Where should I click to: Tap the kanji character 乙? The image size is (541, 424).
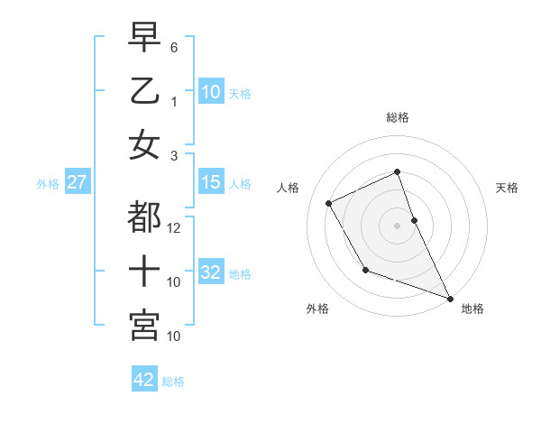(x=144, y=91)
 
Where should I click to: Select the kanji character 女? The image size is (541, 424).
(x=144, y=145)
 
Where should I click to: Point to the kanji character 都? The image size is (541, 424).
(x=144, y=217)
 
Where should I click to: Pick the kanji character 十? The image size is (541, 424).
(x=144, y=272)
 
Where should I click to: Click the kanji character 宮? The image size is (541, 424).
(x=144, y=326)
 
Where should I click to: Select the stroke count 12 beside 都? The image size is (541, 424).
(x=175, y=228)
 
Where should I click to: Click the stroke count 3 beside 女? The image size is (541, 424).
(x=173, y=156)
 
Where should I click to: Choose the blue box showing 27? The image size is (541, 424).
(x=77, y=183)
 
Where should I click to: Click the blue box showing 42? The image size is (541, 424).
(x=144, y=380)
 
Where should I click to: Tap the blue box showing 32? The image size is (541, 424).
(x=211, y=273)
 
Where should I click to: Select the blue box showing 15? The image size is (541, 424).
(x=211, y=183)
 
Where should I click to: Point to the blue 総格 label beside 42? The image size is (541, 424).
(x=173, y=382)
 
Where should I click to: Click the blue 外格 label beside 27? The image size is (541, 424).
(x=48, y=184)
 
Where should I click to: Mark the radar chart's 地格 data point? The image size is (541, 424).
(x=450, y=299)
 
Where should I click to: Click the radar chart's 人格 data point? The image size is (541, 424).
(x=329, y=203)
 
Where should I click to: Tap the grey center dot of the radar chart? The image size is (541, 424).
(x=397, y=225)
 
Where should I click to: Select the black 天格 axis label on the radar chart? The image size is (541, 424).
(x=507, y=188)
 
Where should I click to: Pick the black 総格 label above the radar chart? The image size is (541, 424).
(x=398, y=117)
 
